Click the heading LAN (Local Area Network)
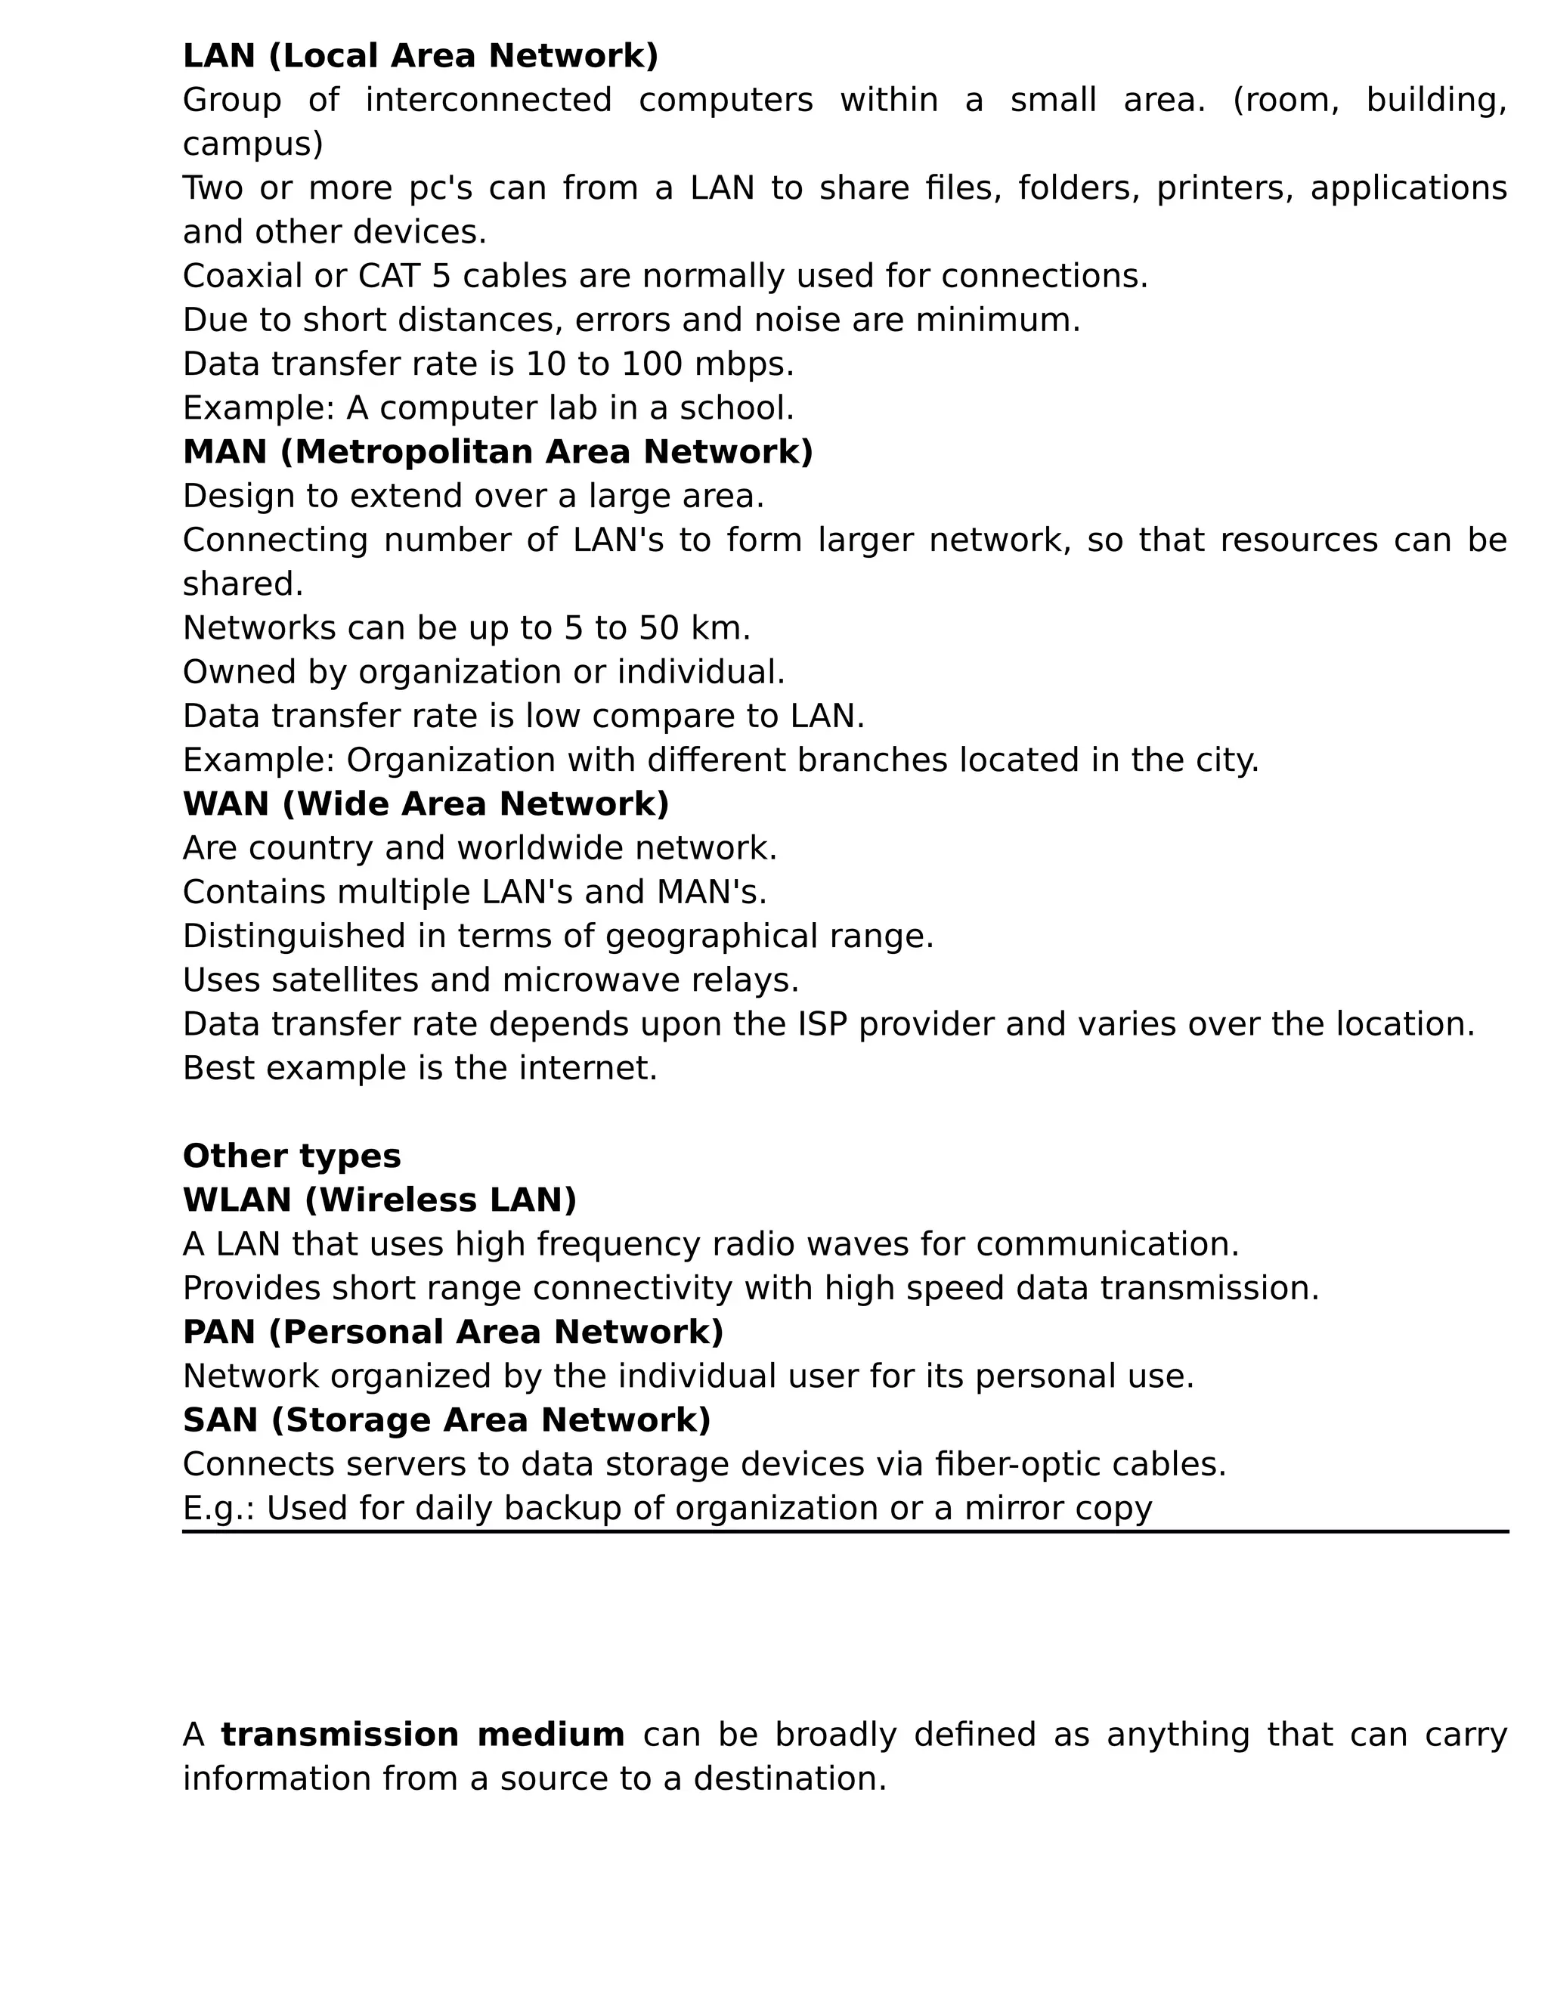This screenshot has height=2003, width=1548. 420,56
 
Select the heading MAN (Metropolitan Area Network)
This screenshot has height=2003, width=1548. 498,452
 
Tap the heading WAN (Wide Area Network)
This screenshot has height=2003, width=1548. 426,804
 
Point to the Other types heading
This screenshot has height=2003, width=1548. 292,1156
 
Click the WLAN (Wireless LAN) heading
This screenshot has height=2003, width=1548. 379,1200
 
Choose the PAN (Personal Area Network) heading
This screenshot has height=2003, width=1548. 453,1333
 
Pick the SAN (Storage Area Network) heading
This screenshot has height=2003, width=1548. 447,1421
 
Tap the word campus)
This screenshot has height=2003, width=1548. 253,144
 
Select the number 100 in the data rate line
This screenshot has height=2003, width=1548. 651,364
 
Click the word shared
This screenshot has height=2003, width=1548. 242,584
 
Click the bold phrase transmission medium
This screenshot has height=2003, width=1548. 423,1736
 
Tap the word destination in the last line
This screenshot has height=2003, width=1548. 790,1780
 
